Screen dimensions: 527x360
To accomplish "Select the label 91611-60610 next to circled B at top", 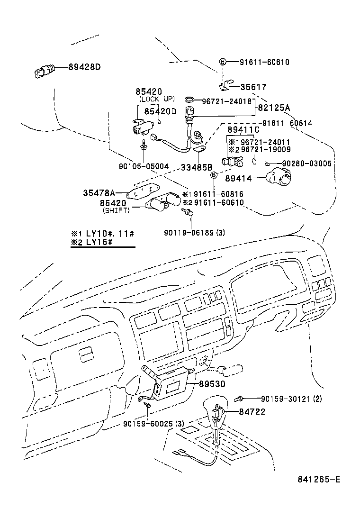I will point(264,62).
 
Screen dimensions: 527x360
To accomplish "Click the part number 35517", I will point(253,87).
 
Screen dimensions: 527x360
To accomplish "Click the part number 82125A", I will point(273,108).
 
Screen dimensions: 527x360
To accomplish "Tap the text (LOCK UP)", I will point(157,99).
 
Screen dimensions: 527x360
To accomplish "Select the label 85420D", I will point(160,111).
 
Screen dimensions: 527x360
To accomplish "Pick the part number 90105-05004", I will point(144,166).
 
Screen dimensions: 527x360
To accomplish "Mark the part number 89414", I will point(239,178).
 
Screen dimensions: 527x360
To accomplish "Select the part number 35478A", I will point(99,193).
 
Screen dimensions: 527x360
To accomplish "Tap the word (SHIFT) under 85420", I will point(116,210).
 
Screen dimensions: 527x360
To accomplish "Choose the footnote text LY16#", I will point(98,243).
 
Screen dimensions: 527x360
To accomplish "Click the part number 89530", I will point(212,384).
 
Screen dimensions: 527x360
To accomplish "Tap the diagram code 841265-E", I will point(319,479).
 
